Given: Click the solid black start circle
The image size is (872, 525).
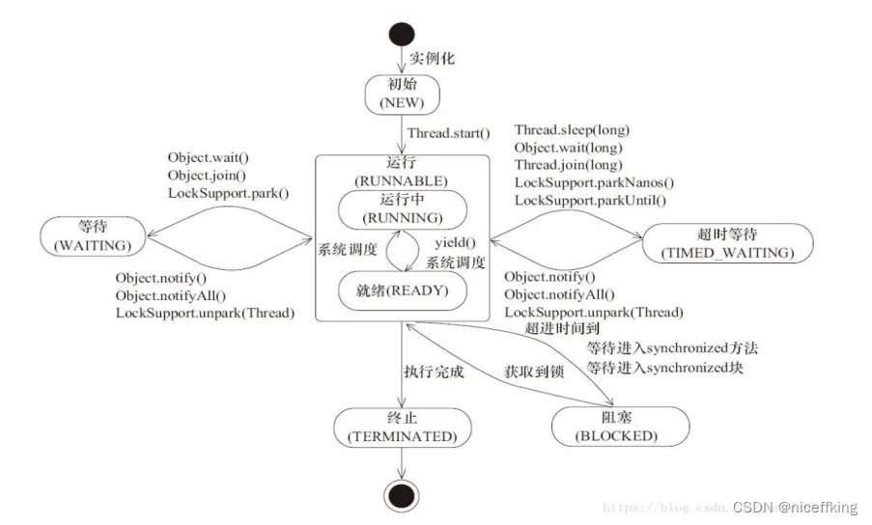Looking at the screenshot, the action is [402, 34].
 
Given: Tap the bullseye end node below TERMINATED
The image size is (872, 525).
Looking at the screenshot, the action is [402, 495].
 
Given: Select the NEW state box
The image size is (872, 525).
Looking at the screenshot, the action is [402, 95].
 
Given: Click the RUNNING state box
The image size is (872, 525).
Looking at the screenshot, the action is [403, 209].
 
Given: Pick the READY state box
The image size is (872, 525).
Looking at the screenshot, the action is [403, 290].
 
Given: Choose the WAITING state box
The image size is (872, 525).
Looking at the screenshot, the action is [93, 236].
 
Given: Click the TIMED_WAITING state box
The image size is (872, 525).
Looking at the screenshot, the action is [728, 243].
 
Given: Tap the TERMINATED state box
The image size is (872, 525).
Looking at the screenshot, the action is [403, 428].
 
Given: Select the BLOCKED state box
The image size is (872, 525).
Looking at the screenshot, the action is [620, 427].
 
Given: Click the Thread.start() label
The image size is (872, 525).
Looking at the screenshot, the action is [449, 133].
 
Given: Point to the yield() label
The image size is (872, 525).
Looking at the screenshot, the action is [456, 243].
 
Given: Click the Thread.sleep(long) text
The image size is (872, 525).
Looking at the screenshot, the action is [572, 130].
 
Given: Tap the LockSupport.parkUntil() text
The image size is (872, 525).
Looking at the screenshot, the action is [590, 200].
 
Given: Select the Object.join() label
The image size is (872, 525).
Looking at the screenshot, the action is [207, 176].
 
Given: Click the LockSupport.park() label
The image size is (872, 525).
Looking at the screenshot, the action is [229, 193].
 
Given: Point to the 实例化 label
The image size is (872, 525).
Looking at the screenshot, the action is [432, 58].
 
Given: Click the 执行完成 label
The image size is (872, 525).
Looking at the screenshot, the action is [434, 372].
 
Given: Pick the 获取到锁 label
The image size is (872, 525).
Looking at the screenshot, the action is [534, 372].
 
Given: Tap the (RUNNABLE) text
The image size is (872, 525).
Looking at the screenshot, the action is [401, 181].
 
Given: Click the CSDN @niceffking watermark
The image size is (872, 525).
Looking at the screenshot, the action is [796, 507].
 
